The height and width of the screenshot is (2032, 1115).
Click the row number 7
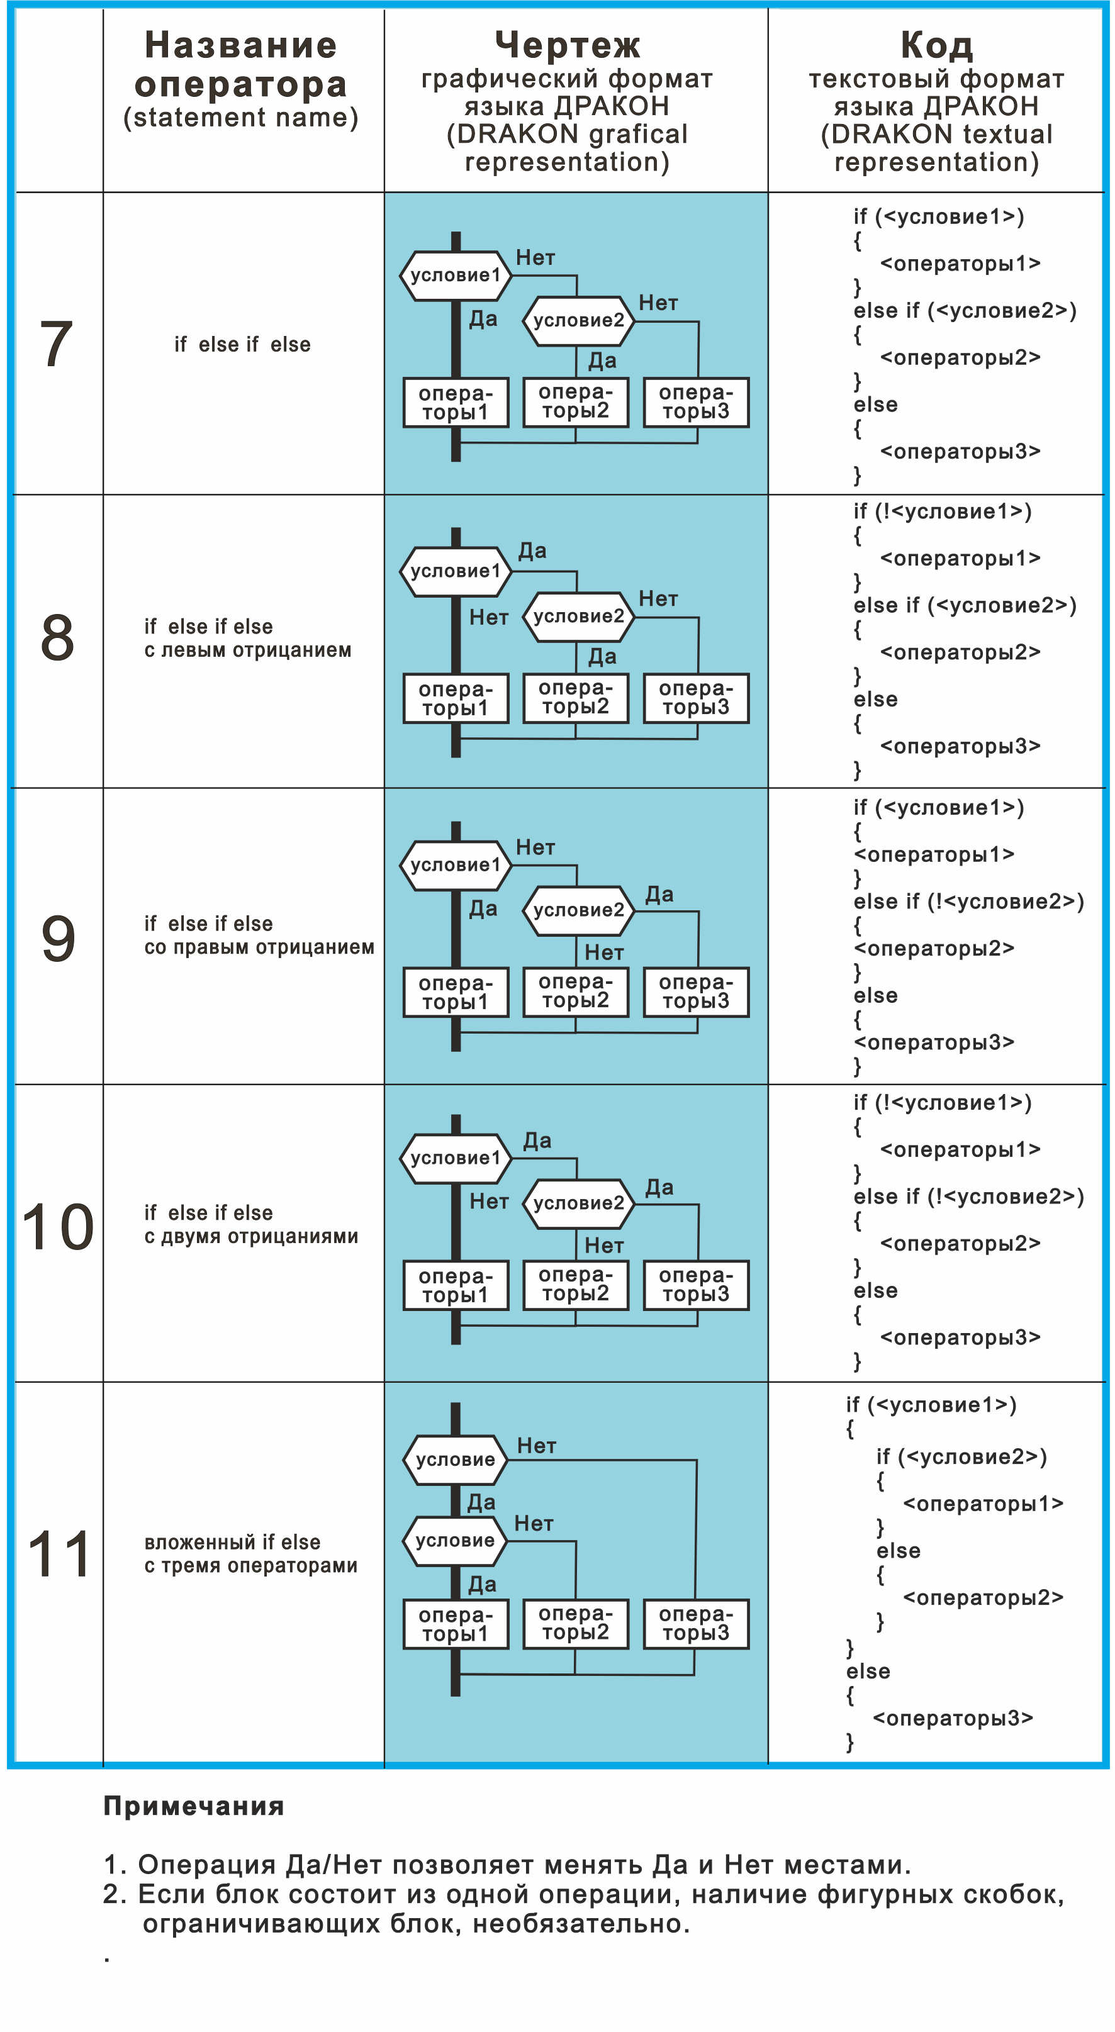click(x=56, y=344)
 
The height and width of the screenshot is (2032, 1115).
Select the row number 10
click(x=58, y=1227)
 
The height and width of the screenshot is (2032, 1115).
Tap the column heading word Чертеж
click(x=568, y=45)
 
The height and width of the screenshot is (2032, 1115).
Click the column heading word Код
click(x=937, y=45)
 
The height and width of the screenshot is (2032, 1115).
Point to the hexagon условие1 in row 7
click(x=456, y=276)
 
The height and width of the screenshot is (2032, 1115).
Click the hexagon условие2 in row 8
click(x=578, y=616)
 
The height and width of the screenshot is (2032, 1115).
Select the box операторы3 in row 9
click(x=696, y=991)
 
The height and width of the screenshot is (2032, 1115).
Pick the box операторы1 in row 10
click(x=456, y=1285)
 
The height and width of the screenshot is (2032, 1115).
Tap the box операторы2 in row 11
click(x=575, y=1623)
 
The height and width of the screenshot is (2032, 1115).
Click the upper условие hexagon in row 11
click(x=456, y=1460)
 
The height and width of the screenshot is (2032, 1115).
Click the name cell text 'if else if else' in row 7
click(x=242, y=345)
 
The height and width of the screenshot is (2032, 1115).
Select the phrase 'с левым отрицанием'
click(x=248, y=650)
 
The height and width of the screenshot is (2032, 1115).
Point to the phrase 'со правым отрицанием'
click(x=259, y=947)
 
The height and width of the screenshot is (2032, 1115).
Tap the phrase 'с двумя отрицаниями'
click(x=251, y=1236)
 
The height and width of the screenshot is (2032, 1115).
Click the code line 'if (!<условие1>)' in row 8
click(x=942, y=511)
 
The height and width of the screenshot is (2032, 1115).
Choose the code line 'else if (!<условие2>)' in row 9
click(x=968, y=901)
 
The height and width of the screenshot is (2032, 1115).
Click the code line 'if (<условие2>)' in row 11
click(x=961, y=1456)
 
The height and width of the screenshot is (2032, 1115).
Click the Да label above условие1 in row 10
click(x=537, y=1141)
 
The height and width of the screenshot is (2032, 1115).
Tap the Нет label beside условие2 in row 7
click(x=658, y=303)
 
